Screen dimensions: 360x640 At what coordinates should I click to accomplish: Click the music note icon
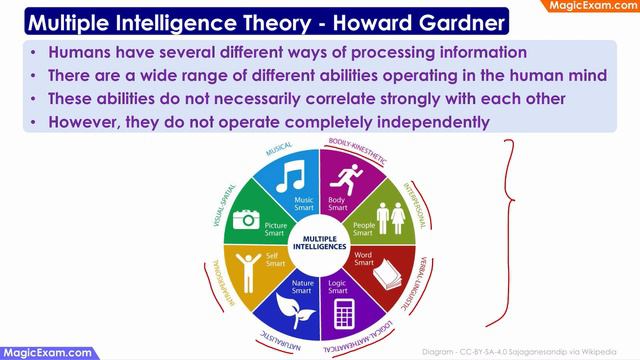[290, 179]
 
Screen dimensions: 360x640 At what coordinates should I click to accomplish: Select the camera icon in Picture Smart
[245, 219]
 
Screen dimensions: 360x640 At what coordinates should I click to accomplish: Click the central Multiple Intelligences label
[318, 243]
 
